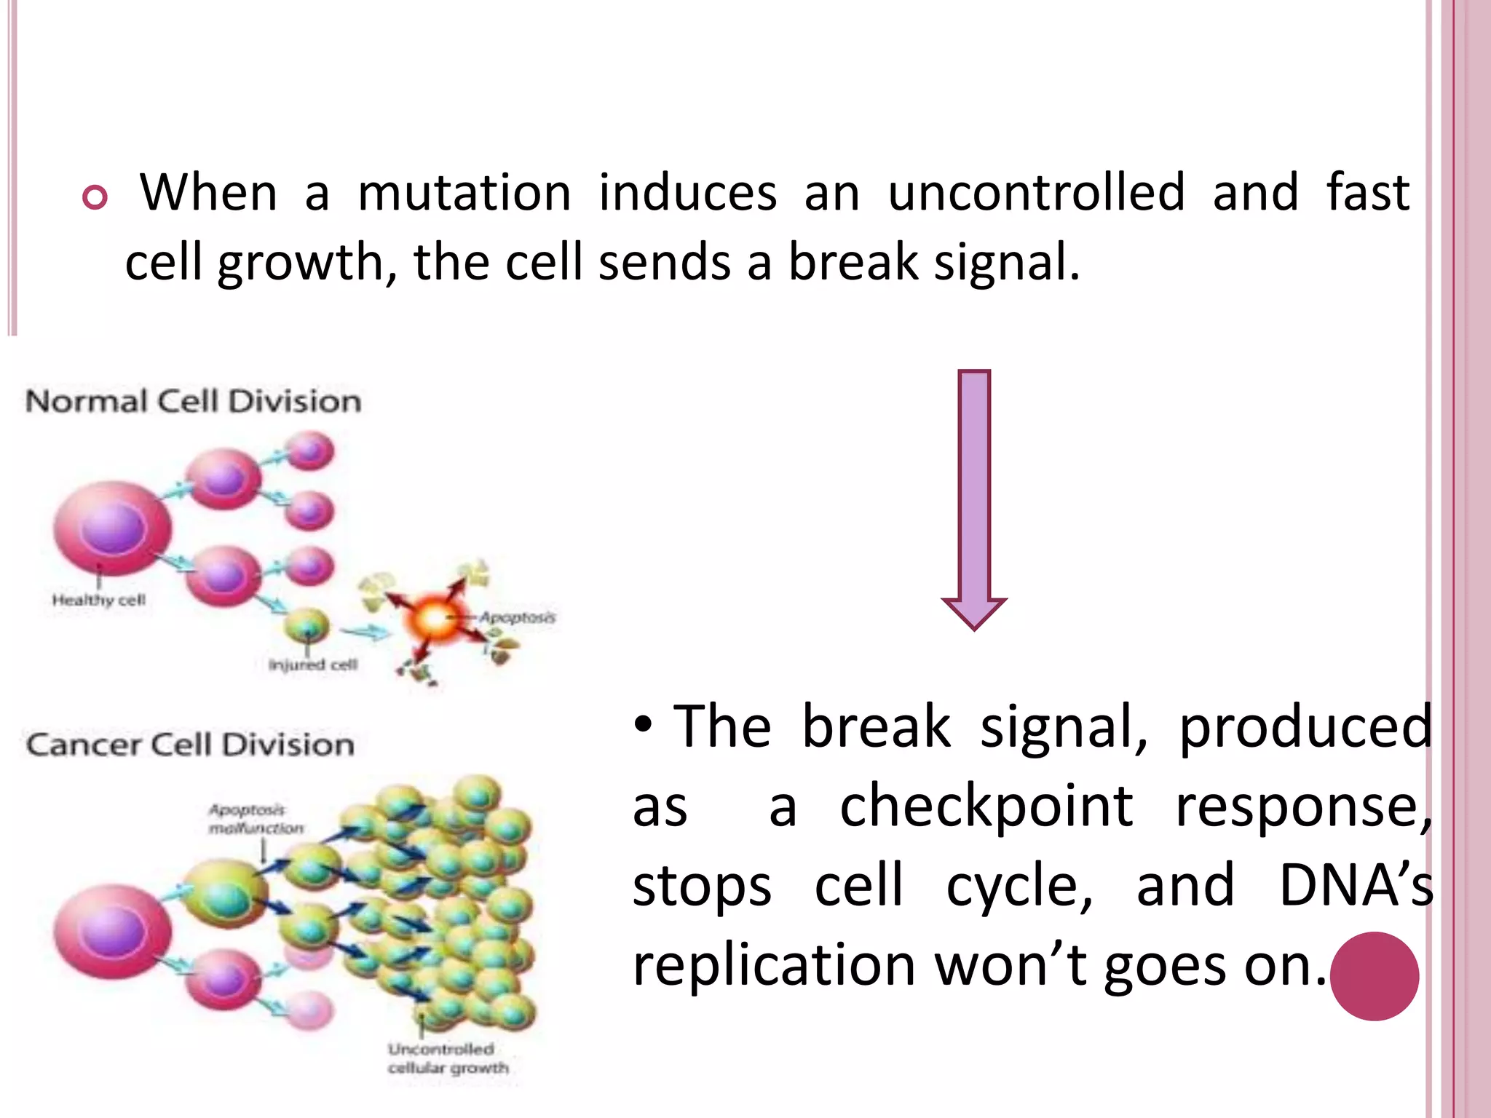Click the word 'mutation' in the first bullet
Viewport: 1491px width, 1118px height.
point(464,194)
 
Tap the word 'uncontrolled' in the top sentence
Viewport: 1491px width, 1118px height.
point(1037,194)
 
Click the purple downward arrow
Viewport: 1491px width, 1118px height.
point(974,495)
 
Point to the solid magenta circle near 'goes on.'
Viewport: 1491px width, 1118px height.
point(1374,976)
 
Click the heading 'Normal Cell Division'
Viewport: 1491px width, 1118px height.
point(194,402)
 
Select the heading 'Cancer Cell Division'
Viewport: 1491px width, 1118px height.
point(191,745)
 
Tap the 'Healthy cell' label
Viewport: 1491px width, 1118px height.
point(99,600)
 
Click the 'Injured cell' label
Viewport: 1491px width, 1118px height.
point(313,665)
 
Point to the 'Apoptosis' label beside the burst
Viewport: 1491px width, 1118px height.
point(517,618)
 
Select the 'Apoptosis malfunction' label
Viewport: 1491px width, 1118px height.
point(255,819)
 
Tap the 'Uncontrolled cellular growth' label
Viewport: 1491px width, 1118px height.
point(448,1059)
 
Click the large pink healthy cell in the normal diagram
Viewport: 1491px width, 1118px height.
point(113,528)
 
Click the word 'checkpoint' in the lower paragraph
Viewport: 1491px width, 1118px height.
point(986,806)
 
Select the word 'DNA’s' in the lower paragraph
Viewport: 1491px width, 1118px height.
point(1355,886)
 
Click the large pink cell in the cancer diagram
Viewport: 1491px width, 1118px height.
point(113,932)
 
